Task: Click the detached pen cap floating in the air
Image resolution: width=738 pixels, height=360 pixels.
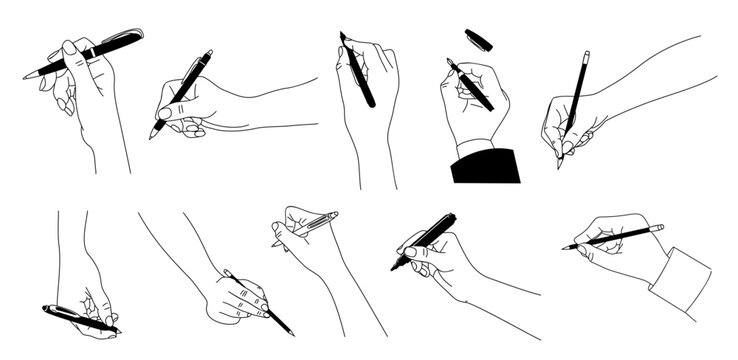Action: [479, 40]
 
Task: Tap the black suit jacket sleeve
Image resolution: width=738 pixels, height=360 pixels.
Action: [486, 166]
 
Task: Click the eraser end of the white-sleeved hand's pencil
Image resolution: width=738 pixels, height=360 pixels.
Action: [660, 227]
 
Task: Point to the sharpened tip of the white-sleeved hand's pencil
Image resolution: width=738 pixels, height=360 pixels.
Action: [565, 247]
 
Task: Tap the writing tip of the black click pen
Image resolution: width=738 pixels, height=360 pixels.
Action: [152, 137]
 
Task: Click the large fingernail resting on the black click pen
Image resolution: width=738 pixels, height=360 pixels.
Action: [167, 113]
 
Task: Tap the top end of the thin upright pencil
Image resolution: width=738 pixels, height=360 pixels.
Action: [586, 53]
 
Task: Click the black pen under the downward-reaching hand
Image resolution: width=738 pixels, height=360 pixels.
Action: [80, 319]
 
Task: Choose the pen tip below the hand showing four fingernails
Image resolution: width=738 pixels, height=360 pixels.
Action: [291, 333]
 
